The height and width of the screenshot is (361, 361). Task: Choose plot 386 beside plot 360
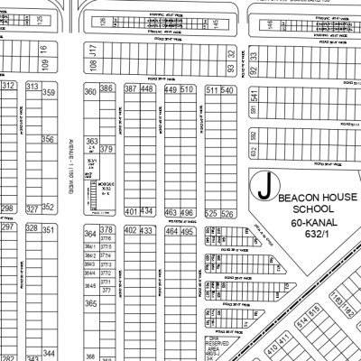(106, 88)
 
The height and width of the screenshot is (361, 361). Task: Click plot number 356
(48, 140)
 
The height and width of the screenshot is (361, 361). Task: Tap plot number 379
(106, 149)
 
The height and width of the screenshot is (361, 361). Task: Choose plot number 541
(255, 97)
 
